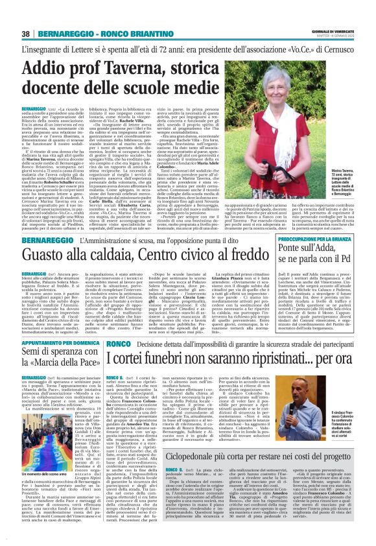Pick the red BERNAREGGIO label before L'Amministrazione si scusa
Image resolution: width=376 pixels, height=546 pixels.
(47, 203)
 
